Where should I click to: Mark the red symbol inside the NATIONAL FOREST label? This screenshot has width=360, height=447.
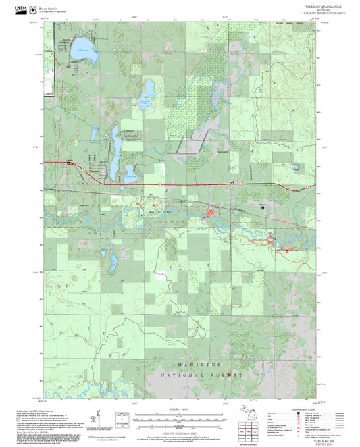pos(230,373)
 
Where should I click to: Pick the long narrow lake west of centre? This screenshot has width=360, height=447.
pos(115,143)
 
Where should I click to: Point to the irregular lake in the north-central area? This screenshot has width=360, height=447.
pos(145,100)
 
